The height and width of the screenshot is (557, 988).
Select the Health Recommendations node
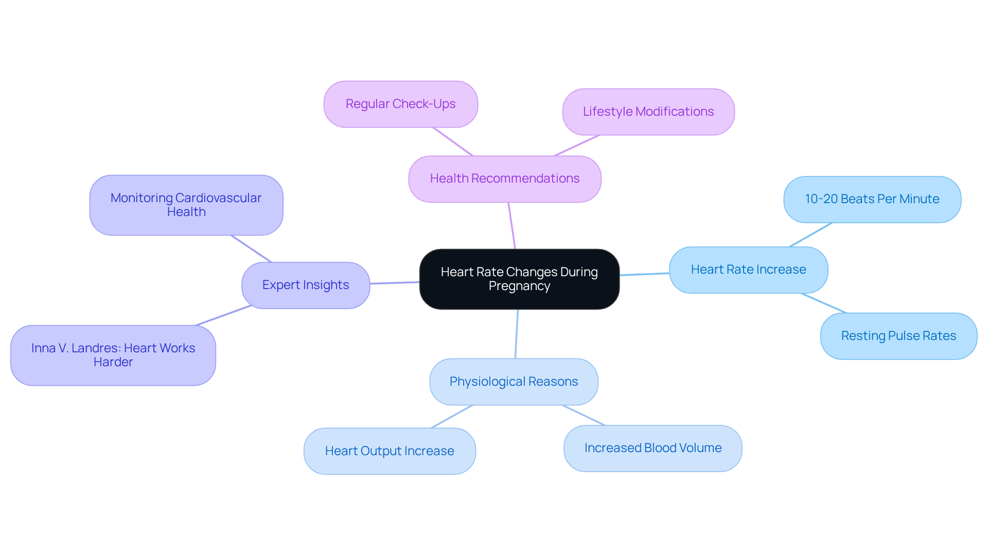click(x=504, y=179)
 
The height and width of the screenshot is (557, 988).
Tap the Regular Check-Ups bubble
click(x=400, y=104)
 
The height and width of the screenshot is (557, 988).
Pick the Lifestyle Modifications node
click(x=648, y=112)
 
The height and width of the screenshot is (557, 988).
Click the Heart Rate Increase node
click(x=748, y=270)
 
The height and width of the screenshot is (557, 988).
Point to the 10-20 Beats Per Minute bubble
click(x=872, y=200)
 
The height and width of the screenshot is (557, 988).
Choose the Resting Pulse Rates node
click(x=898, y=336)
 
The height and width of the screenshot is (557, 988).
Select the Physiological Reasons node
click(x=513, y=382)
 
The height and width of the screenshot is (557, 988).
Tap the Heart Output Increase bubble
click(x=389, y=452)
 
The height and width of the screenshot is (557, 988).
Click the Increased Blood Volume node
click(x=652, y=448)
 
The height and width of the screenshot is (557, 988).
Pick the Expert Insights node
click(x=305, y=285)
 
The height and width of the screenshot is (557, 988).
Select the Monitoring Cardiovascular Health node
click(x=186, y=205)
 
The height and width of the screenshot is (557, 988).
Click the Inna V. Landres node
click(x=113, y=355)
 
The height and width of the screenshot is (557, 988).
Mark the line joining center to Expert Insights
click(x=395, y=283)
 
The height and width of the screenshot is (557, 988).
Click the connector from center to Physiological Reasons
click(x=517, y=334)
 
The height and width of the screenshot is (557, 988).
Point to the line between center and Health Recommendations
click(x=511, y=226)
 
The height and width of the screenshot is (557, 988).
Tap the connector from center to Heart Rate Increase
click(x=644, y=274)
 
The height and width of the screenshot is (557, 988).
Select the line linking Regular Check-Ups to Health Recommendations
click(x=452, y=141)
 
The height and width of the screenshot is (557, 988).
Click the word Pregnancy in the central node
click(x=519, y=286)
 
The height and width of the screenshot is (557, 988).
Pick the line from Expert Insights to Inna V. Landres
click(x=224, y=316)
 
